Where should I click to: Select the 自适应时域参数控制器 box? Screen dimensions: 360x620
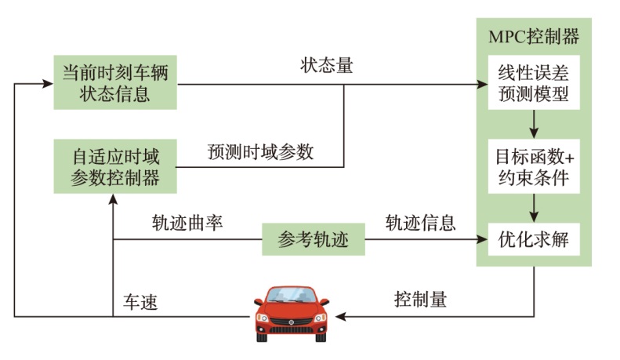coord(114,165)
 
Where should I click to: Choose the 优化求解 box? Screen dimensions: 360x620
coord(533,240)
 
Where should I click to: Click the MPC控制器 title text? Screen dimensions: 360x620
coord(533,37)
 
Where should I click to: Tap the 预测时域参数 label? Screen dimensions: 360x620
coord(260,151)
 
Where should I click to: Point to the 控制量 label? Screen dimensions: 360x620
coord(420,300)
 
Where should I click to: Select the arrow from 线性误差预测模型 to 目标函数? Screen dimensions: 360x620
coord(533,124)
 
